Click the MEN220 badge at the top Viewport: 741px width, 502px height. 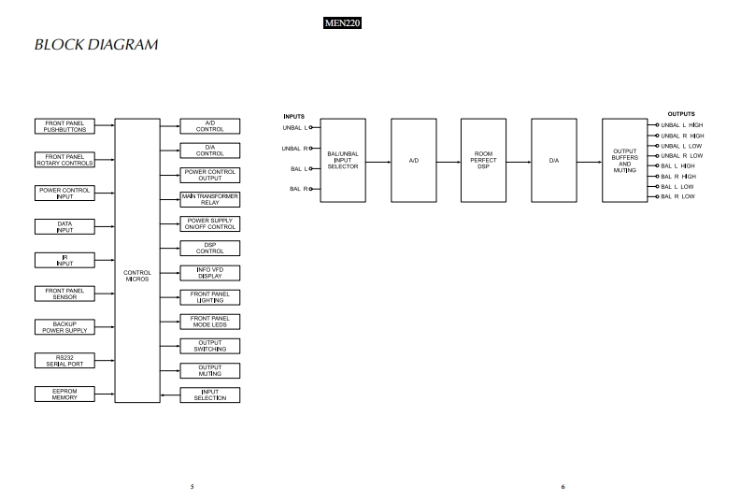341,23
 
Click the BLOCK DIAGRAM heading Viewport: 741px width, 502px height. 95,45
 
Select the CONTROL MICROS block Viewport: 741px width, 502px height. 137,276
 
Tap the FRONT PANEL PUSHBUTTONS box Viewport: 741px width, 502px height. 64,126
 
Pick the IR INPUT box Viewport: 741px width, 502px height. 64,261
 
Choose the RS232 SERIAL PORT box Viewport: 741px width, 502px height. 64,361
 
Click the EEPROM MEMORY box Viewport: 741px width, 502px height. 64,394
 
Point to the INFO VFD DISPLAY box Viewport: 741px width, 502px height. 210,273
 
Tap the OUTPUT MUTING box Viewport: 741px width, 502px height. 210,370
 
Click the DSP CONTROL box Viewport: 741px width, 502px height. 210,248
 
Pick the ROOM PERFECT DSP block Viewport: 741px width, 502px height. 484,161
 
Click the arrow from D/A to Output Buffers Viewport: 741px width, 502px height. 590,161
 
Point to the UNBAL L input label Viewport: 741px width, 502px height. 294,127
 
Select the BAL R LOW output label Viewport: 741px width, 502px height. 677,196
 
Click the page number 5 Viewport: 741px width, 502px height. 192,486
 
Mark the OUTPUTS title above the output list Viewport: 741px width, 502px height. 681,114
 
